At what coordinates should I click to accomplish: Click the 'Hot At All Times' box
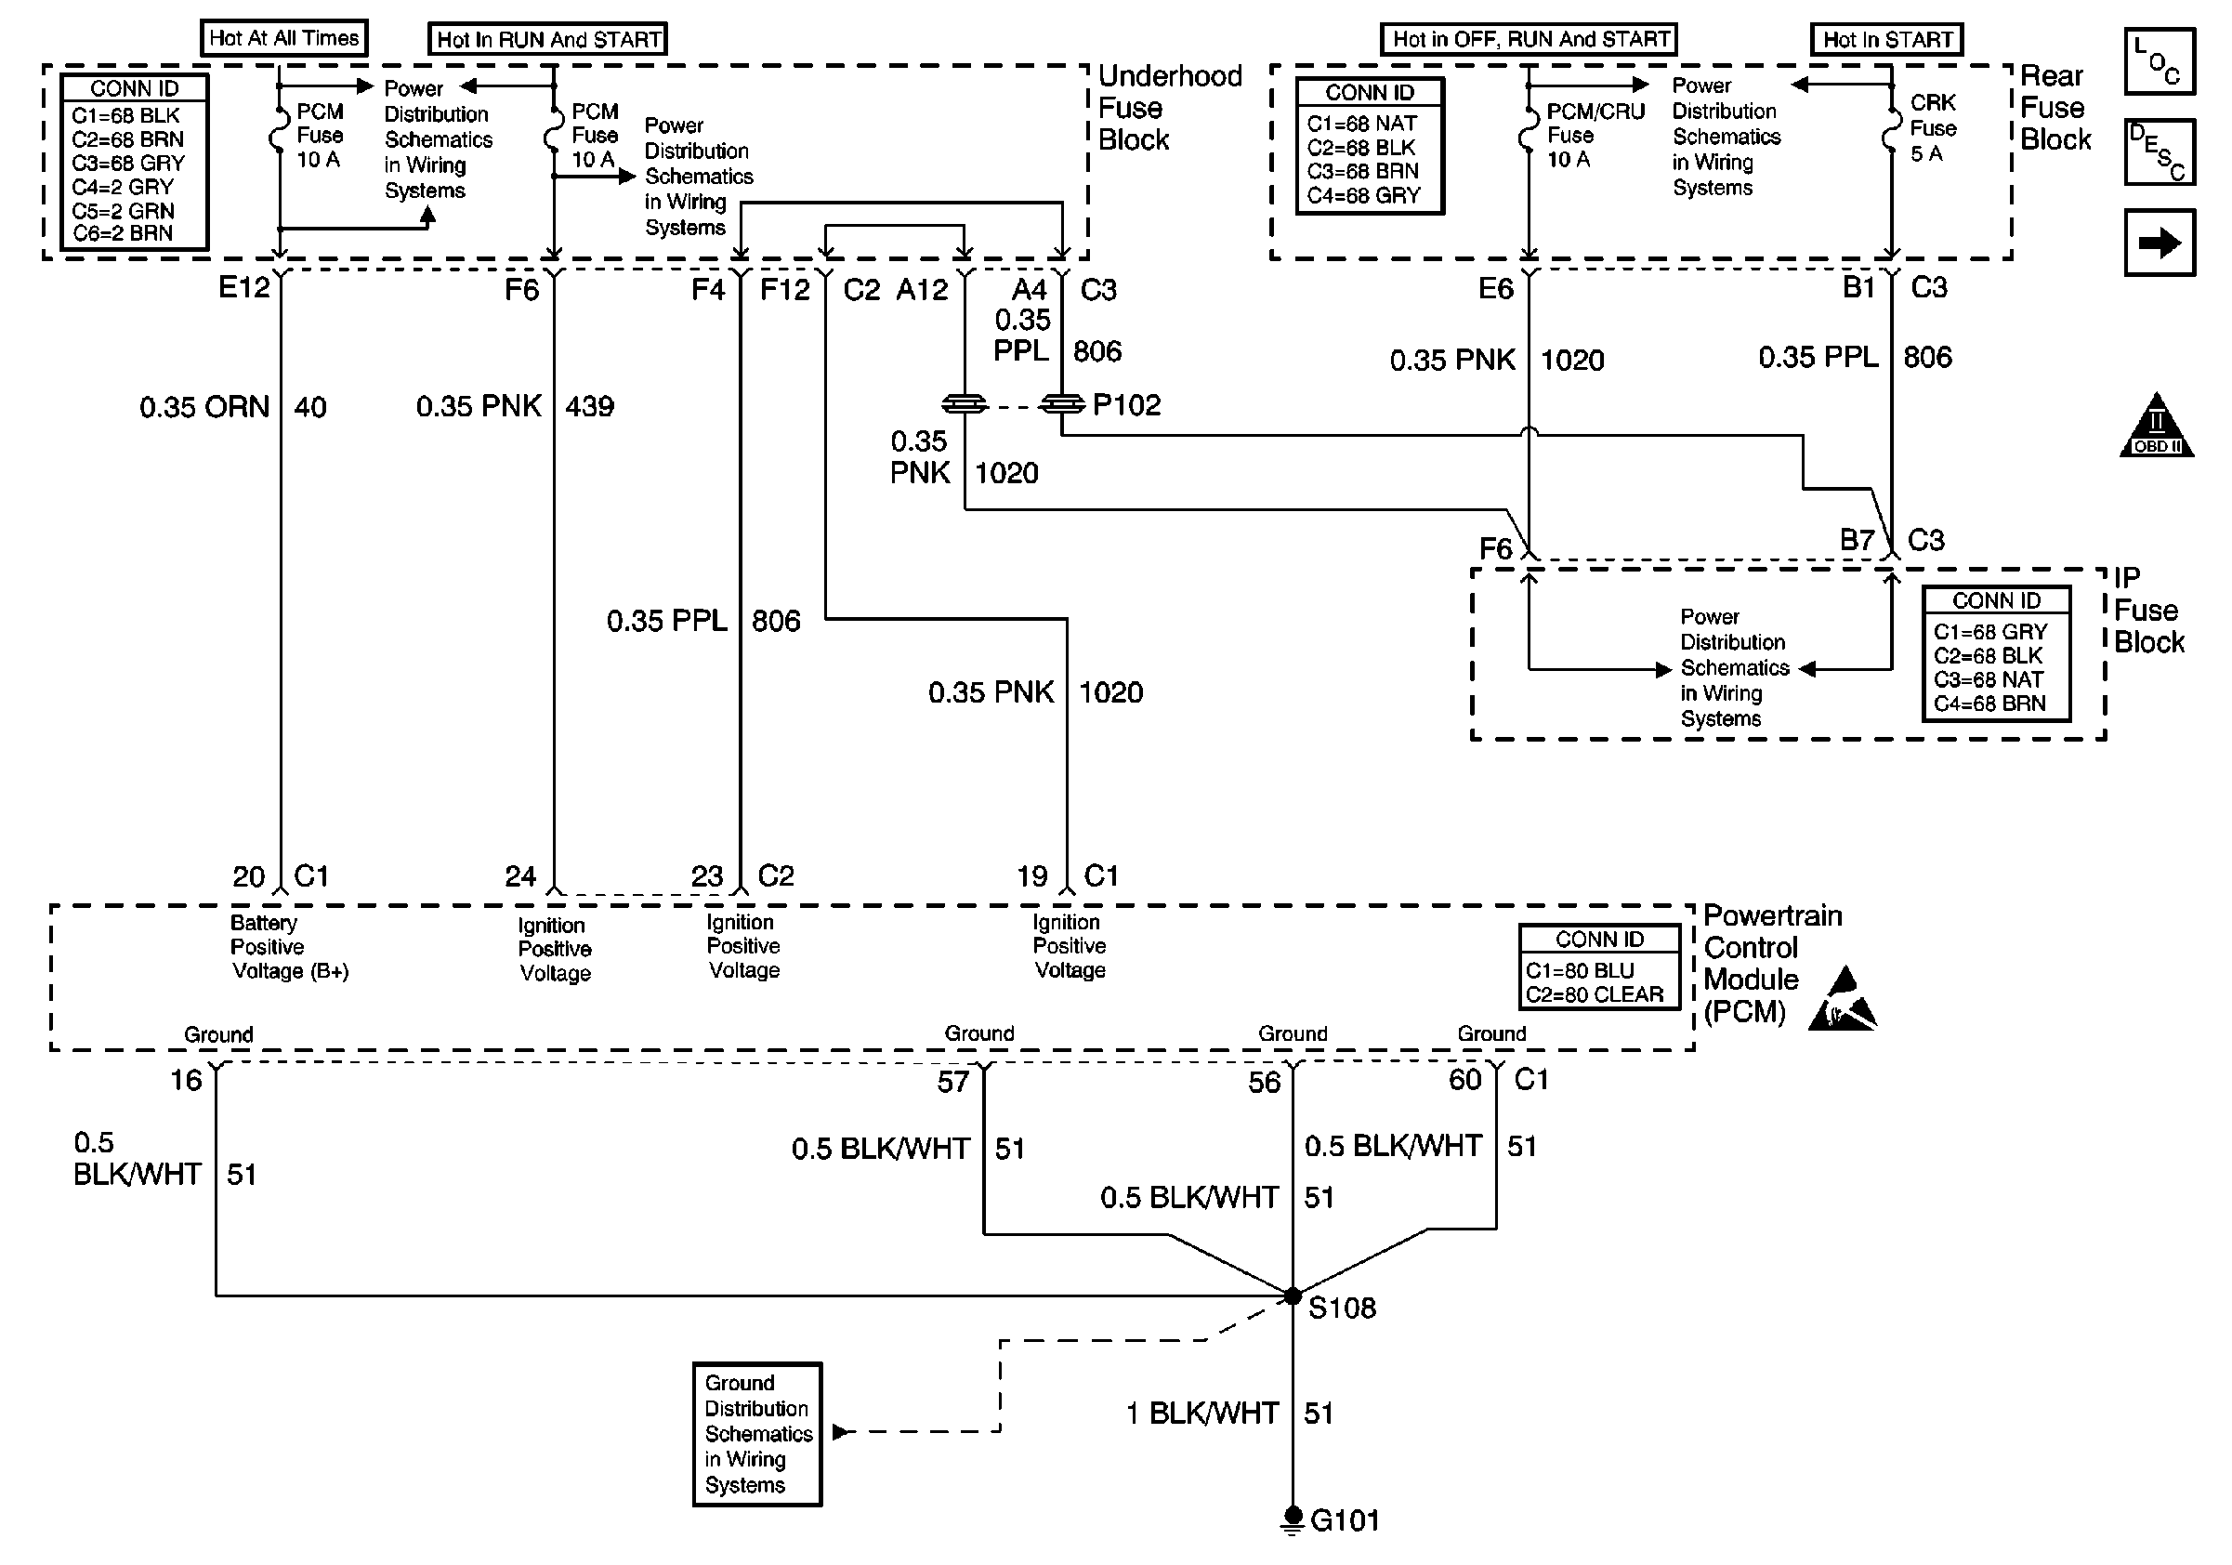[283, 38]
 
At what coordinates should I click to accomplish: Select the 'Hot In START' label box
[1887, 40]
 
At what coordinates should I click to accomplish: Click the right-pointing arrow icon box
[2160, 242]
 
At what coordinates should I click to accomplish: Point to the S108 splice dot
[1292, 1295]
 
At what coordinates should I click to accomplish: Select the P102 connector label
[1127, 404]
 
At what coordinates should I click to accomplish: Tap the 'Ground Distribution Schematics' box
[757, 1434]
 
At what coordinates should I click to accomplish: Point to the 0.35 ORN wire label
[204, 406]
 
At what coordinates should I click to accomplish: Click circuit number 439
[589, 406]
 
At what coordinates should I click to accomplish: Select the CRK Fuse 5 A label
[1933, 128]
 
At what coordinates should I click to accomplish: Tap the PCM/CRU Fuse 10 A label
[1595, 135]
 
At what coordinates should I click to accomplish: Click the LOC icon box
[2160, 61]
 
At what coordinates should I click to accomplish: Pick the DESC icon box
[2160, 151]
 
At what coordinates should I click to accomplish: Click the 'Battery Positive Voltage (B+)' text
[290, 947]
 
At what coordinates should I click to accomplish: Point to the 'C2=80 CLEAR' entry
[1595, 994]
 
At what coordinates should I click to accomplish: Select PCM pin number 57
[952, 1082]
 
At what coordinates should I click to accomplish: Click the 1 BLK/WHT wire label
[1202, 1413]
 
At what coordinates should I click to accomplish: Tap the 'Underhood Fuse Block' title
[1171, 108]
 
